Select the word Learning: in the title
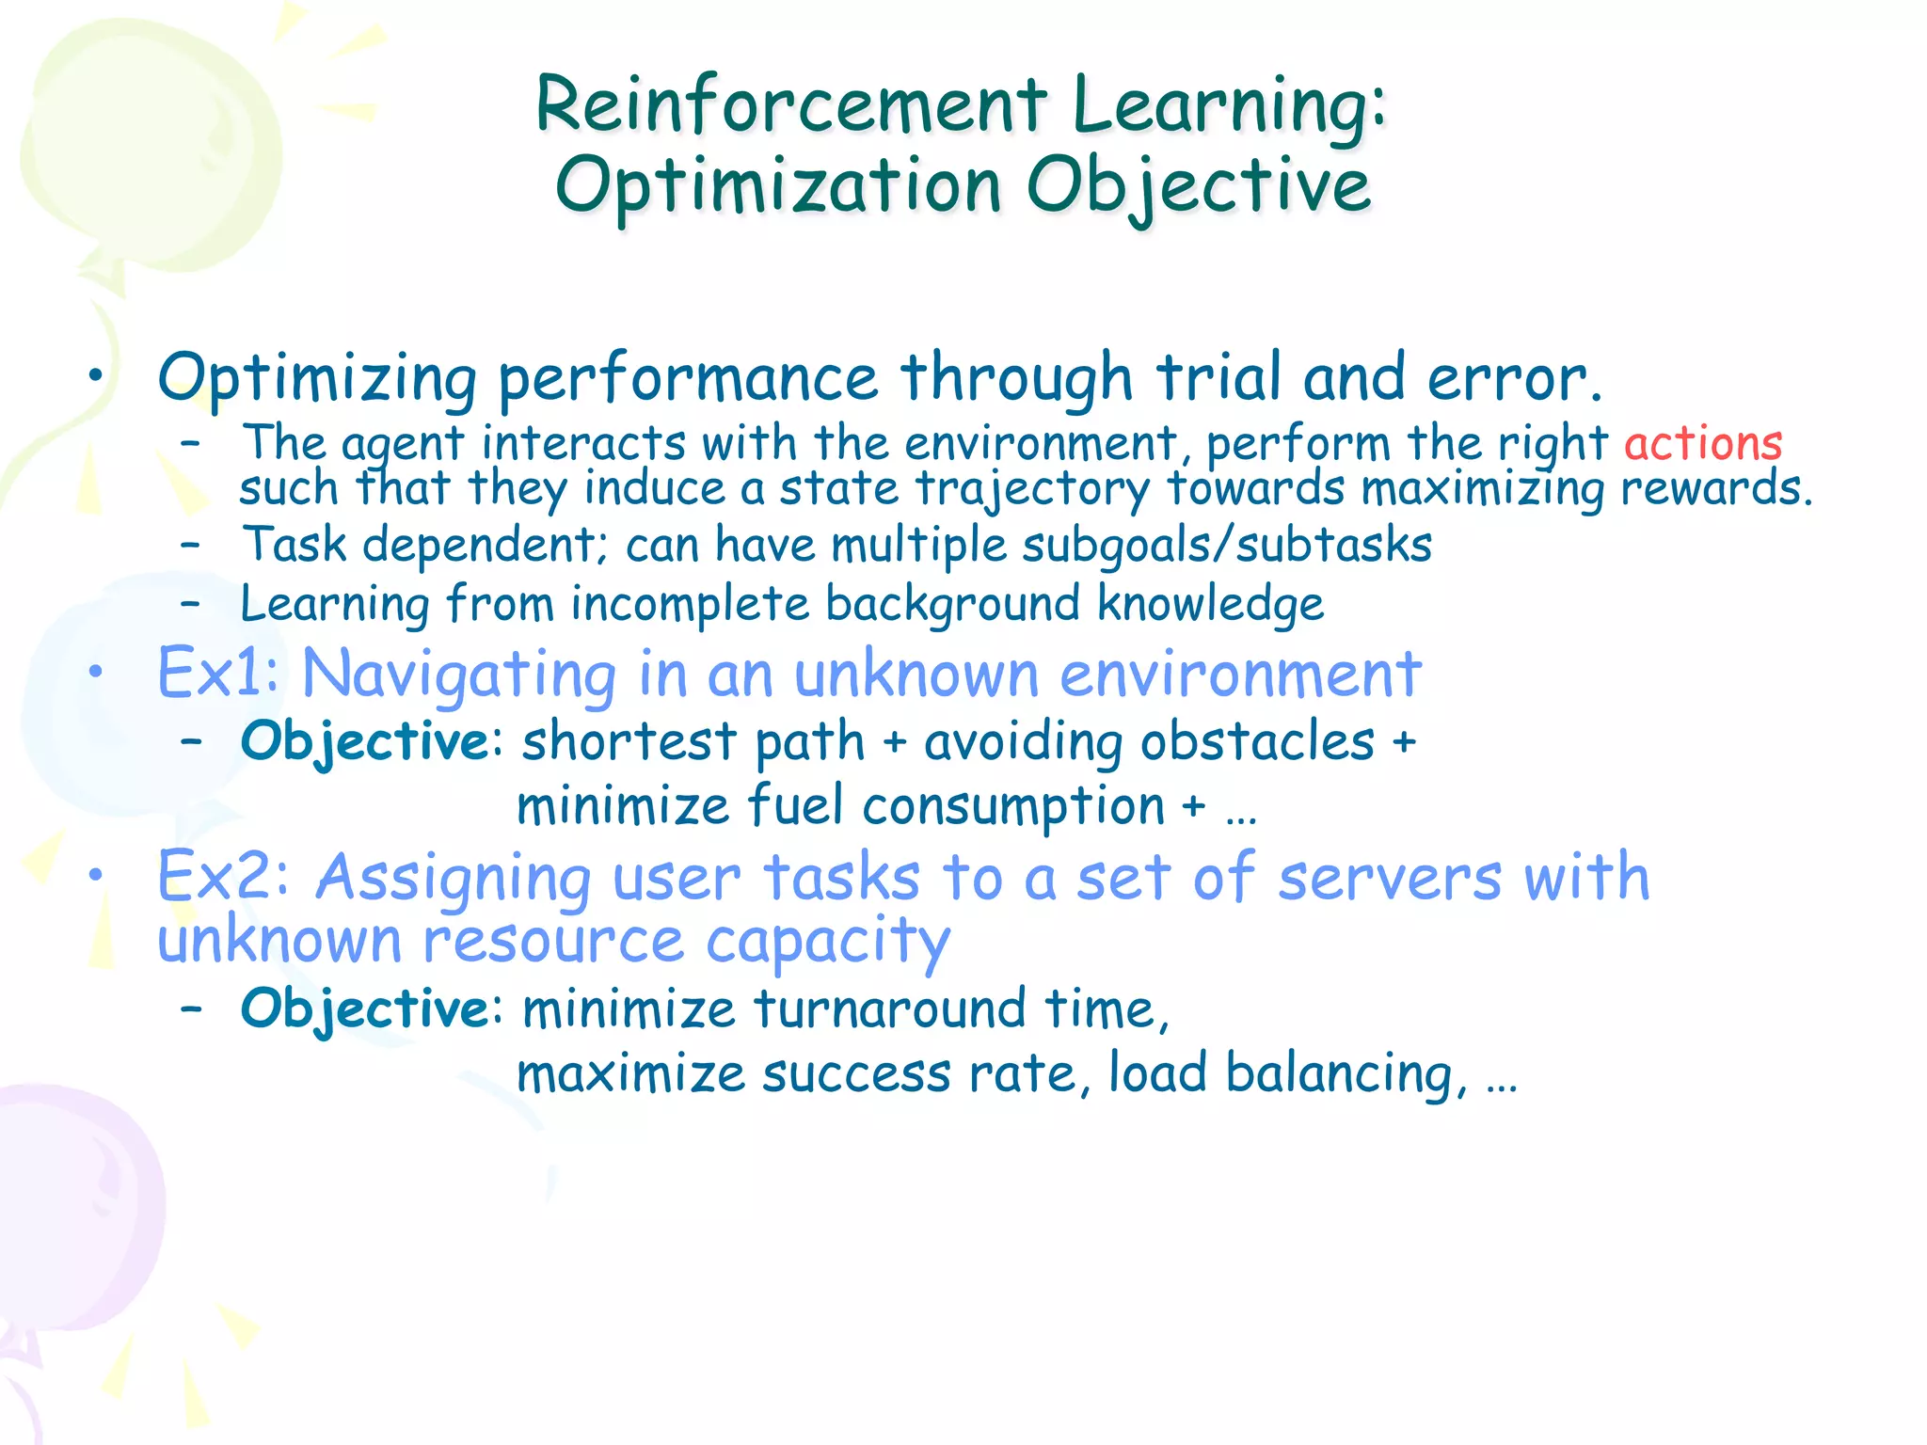coord(1229,105)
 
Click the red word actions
coord(1703,443)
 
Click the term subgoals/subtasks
coord(1227,546)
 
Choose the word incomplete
coord(690,604)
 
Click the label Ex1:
coord(218,674)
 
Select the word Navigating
coord(459,675)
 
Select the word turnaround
coord(888,1009)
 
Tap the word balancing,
coord(1346,1074)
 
